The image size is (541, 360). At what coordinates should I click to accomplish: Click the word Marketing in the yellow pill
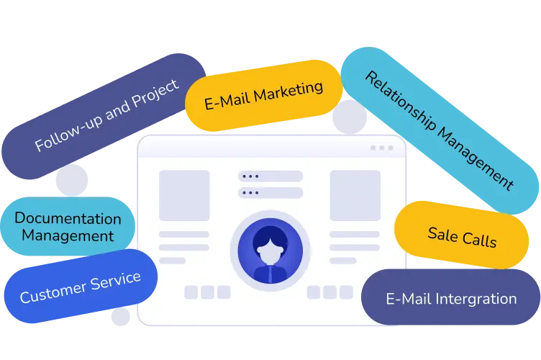(x=288, y=91)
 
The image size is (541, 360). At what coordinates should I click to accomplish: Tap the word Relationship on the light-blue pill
(x=401, y=101)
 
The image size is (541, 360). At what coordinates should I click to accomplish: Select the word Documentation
(x=68, y=218)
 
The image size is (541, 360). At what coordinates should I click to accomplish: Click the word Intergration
(x=476, y=299)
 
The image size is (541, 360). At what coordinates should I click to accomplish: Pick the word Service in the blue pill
(x=116, y=281)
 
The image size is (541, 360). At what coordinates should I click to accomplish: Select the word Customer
(x=53, y=292)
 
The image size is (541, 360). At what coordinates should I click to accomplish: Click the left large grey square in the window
(x=184, y=195)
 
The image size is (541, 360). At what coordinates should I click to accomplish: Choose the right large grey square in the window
(x=355, y=195)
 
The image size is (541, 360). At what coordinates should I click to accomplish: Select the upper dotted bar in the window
(x=270, y=176)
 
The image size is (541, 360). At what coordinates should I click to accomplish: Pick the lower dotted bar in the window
(x=270, y=192)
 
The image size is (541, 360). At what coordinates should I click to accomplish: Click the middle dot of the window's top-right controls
(x=381, y=148)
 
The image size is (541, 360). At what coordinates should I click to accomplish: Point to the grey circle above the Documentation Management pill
(x=72, y=180)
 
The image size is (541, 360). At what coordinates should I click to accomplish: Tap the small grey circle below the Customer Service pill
(x=120, y=317)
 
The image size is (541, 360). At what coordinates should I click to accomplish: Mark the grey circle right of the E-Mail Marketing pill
(x=350, y=117)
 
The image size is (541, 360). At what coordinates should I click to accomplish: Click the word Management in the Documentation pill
(x=68, y=236)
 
